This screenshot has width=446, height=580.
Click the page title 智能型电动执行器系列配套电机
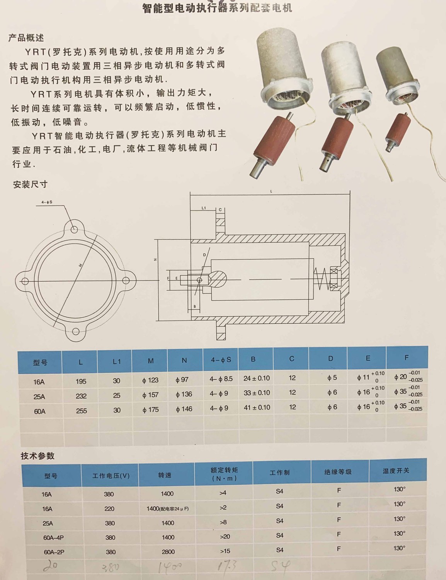217,8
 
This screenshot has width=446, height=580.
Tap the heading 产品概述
26,38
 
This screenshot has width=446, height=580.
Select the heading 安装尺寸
30,184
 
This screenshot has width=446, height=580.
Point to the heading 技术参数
37,456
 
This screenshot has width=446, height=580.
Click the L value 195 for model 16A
81,381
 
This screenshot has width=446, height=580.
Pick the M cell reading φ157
150,395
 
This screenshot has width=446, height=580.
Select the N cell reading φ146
184,409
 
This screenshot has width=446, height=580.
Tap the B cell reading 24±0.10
257,378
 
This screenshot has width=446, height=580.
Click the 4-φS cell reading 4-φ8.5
221,379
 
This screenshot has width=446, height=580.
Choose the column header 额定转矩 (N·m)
224,474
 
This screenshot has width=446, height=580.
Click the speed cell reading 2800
168,552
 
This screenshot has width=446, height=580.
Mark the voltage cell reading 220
109,509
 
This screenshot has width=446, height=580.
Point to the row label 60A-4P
53,537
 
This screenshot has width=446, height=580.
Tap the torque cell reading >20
225,537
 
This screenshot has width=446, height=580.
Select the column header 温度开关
396,471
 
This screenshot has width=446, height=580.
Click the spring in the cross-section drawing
322,280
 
